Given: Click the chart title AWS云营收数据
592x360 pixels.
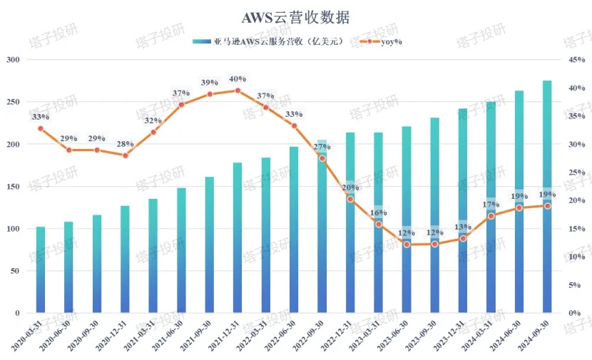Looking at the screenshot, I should [295, 16].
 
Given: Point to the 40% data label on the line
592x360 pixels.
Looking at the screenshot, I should [238, 79].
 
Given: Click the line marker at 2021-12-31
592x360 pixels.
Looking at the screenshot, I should [238, 91].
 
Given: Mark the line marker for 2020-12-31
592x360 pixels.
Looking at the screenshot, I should [125, 155].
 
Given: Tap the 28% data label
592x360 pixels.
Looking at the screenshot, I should [125, 144].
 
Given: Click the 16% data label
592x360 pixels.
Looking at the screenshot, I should [378, 212].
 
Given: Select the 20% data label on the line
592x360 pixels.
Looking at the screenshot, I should [350, 187].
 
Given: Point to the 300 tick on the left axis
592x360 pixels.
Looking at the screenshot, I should [13, 60].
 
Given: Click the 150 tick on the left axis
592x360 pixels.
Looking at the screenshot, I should [13, 187].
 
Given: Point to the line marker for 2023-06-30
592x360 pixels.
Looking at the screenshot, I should [407, 245].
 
